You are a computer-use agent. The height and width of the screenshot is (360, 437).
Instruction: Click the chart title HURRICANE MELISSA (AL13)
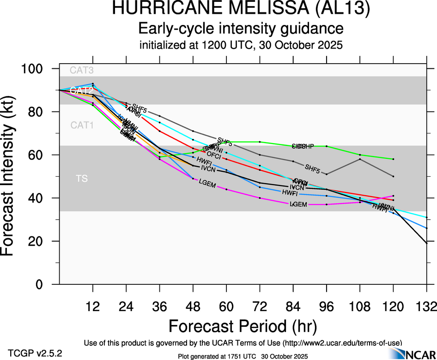coord(241,10)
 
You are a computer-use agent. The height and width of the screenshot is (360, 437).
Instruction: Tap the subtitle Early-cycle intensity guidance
coord(241,29)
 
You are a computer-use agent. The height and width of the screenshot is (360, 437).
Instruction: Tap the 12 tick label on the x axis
coord(93,306)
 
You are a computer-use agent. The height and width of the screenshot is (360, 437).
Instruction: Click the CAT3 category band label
coord(81,71)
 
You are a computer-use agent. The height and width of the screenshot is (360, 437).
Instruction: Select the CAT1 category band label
coord(81,125)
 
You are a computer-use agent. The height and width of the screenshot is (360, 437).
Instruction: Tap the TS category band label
coord(82,178)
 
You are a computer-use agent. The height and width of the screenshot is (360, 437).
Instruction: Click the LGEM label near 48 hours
coord(208,182)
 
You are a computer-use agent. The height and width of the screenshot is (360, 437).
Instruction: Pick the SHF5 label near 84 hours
coord(312,167)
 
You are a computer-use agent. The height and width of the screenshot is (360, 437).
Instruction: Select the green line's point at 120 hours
coord(393,159)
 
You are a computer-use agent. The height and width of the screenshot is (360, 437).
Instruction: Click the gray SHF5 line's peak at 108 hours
coord(360,159)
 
